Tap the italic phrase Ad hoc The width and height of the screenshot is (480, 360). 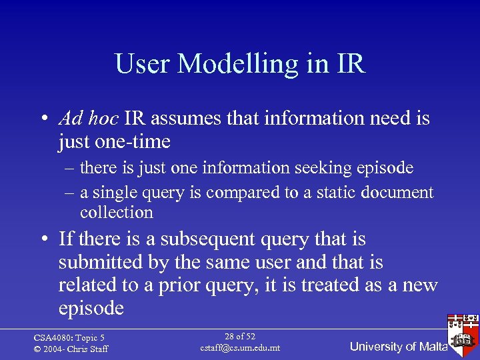click(88, 119)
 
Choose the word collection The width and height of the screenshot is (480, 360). click(117, 213)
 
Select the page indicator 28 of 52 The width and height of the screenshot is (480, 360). click(240, 337)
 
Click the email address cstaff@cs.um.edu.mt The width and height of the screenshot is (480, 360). click(240, 348)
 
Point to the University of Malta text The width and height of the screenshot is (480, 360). click(398, 347)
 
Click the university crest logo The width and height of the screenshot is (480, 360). click(463, 332)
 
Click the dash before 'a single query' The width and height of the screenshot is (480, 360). click(69, 193)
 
